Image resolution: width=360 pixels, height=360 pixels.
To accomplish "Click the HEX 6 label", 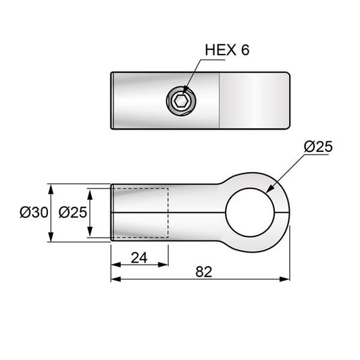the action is [227, 50].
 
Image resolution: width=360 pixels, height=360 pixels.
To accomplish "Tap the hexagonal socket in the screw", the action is [181, 101].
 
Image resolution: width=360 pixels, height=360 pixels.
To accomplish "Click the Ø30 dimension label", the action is [34, 212].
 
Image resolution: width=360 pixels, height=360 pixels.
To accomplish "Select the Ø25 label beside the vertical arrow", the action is [73, 212].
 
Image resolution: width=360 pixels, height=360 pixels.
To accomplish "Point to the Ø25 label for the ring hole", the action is [318, 147].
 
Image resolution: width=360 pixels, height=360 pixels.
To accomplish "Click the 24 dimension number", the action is [139, 257].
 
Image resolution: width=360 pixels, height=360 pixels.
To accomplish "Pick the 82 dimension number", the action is [204, 272].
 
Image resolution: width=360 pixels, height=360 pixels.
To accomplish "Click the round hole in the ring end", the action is [251, 212].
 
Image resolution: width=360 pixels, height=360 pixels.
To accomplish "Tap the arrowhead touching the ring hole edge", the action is [270, 188].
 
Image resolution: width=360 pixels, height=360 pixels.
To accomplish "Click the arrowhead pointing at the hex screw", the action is [185, 91].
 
